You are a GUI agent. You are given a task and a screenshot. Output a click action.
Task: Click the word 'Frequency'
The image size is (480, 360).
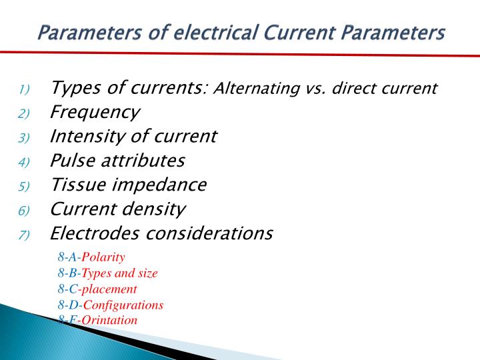click(x=95, y=113)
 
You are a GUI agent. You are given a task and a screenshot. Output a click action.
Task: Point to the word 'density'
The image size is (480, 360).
click(x=155, y=209)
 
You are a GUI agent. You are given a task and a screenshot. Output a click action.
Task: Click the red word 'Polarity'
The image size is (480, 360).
click(x=103, y=257)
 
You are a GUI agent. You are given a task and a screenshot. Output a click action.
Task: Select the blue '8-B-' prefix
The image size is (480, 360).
click(x=69, y=273)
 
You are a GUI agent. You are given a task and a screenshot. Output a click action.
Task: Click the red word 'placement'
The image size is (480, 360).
click(x=109, y=289)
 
